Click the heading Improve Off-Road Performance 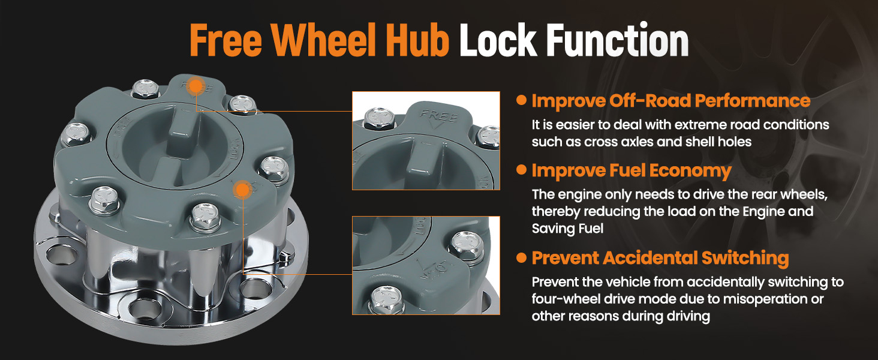[x=670, y=101]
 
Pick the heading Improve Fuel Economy [x=632, y=171]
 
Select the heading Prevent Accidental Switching [x=660, y=258]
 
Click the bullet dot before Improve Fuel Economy [x=521, y=170]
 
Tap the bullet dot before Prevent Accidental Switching [x=521, y=257]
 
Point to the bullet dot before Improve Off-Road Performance [x=521, y=100]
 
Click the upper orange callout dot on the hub [x=195, y=86]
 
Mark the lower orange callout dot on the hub [x=243, y=190]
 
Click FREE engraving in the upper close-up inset [x=439, y=116]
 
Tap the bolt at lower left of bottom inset [x=386, y=299]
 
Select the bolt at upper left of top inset [x=378, y=118]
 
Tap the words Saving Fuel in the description [x=567, y=228]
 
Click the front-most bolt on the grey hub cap [x=205, y=217]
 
